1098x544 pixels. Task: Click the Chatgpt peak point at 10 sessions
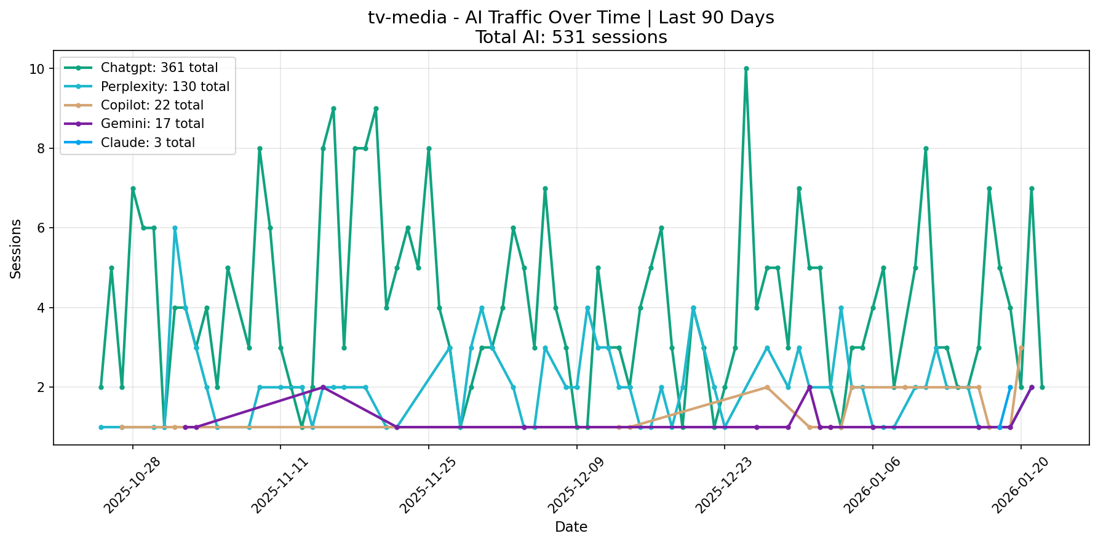[x=746, y=69]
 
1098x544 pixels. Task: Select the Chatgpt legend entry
[x=159, y=68]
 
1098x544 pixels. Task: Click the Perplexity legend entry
[x=164, y=87]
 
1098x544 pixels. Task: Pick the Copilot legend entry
[x=151, y=105]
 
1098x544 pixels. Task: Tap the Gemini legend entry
[x=152, y=124]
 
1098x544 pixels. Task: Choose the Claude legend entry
[x=148, y=143]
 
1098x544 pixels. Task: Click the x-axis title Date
[x=571, y=527]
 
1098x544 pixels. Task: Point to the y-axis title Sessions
[x=16, y=249]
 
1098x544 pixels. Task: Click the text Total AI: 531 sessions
[x=571, y=38]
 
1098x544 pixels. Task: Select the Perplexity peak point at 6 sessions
[x=175, y=228]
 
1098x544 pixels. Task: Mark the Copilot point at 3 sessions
[x=1021, y=348]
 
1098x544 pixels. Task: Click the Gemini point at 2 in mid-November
[x=323, y=387]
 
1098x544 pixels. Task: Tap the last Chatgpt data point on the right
[x=1042, y=387]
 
